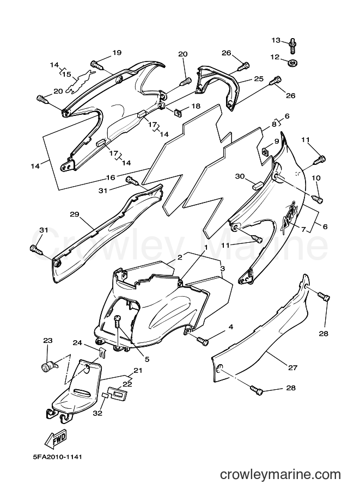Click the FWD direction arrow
pos(56,438)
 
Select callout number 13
pos(276,40)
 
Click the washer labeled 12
pos(292,62)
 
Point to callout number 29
pos(74,214)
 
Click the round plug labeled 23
pos(48,366)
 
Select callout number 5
pos(147,359)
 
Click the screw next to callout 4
pos(202,341)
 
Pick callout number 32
pos(98,413)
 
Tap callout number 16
pos(111,177)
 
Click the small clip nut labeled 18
pos(179,112)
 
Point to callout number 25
pos(259,78)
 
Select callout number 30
pos(240,176)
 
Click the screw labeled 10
pos(318,199)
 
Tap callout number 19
pos(117,52)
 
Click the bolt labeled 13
pos(292,46)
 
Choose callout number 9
pos(277,141)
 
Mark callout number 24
pos(77,342)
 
